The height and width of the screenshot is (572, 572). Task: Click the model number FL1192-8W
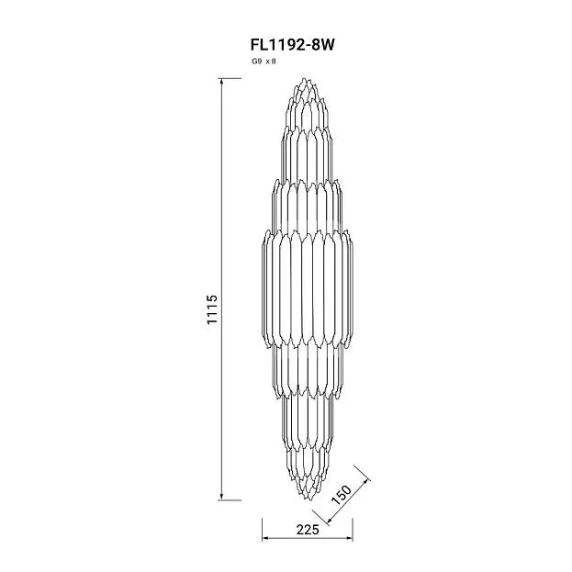292,45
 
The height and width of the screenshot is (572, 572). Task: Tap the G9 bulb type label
256,62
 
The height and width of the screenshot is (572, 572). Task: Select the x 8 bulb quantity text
271,62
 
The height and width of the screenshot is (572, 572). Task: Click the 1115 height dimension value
212,309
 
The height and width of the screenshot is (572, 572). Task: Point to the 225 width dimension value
308,530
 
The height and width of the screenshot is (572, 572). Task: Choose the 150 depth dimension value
341,495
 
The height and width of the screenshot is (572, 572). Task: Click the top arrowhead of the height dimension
221,81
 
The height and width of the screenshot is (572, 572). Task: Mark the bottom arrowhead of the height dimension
221,498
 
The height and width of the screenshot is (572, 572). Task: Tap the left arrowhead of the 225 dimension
265,538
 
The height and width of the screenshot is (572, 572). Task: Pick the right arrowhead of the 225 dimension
350,538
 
